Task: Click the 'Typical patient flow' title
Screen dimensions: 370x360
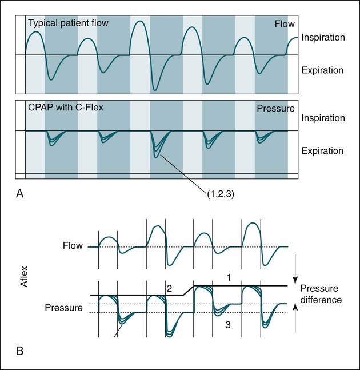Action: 68,23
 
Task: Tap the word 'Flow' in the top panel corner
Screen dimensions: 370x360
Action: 284,24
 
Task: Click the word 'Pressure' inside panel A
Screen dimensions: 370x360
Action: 275,108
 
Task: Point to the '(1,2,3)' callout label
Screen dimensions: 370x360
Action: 221,194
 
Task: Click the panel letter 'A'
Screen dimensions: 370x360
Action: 20,194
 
